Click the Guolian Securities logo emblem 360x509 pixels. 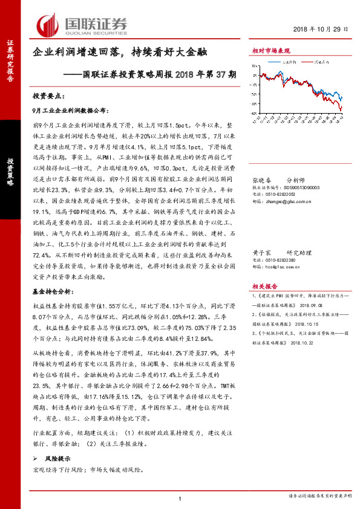click(x=48, y=25)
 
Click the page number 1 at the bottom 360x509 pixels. click(x=180, y=498)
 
